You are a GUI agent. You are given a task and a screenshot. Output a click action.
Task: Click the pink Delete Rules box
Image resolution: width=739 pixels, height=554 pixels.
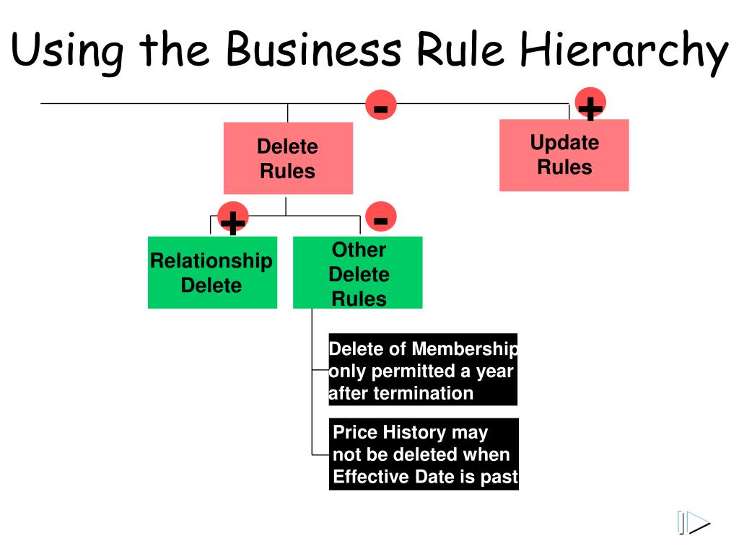(288, 159)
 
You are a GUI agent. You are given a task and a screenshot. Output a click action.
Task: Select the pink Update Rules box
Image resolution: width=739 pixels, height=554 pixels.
(564, 155)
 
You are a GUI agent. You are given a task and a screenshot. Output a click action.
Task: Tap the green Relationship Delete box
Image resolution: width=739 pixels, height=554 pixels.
(211, 273)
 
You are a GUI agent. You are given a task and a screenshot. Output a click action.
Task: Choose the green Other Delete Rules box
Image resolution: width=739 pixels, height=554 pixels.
(358, 273)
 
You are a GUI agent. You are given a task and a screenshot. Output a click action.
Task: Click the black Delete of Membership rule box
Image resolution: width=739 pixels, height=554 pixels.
(423, 370)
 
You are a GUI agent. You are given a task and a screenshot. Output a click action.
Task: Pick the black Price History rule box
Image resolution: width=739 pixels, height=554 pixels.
(424, 454)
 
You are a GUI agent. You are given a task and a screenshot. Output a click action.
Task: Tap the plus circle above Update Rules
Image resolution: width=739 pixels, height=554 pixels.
(590, 105)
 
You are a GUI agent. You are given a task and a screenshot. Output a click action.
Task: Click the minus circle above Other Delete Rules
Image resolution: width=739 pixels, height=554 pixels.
(381, 217)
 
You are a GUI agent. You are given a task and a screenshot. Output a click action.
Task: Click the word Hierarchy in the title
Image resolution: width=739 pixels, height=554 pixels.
(625, 50)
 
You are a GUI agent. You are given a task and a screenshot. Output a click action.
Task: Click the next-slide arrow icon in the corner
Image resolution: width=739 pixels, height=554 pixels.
(694, 523)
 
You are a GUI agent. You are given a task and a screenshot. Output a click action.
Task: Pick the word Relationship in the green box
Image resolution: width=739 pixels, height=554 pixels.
(211, 260)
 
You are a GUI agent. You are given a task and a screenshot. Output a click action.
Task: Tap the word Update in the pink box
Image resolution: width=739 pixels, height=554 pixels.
(564, 143)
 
